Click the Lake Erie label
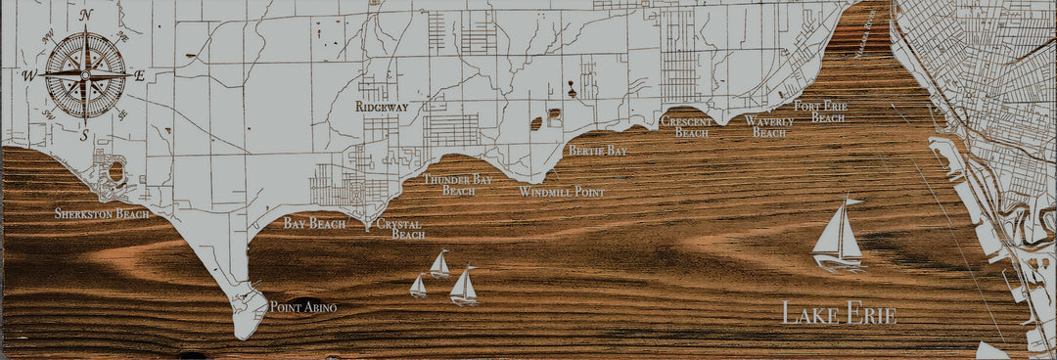pos(839,315)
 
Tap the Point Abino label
pos(303,307)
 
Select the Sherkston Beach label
pos(102,213)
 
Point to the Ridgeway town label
pos(382,106)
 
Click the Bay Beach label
pos(314,224)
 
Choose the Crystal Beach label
pos(401,229)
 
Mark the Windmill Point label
pos(562,193)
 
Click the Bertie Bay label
pos(598,151)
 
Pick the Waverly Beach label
pos(768,126)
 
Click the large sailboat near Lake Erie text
pos(838,235)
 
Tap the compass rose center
pos(85,73)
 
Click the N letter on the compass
pos(86,15)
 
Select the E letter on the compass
pos(139,75)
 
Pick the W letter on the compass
pos(30,75)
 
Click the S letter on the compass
pos(85,135)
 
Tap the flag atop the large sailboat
pos(853,202)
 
